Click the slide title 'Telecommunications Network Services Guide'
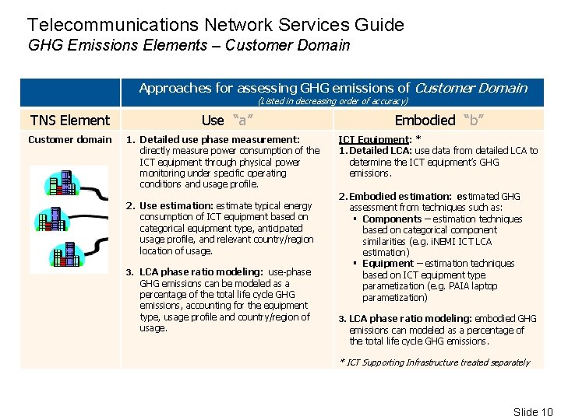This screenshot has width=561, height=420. tap(215, 25)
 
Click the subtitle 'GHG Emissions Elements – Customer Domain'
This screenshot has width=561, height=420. tap(189, 45)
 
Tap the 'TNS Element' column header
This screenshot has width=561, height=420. tap(69, 120)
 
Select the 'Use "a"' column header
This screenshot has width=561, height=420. tap(225, 120)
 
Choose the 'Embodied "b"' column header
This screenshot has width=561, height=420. tap(436, 120)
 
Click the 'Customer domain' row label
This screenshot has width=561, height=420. tap(69, 139)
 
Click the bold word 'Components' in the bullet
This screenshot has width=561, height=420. tap(392, 219)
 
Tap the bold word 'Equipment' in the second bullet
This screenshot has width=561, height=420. tap(388, 264)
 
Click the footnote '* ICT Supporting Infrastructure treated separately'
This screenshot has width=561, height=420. tap(434, 362)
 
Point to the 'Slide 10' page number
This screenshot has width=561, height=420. tap(532, 412)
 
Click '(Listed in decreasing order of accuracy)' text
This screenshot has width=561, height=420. tap(333, 101)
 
